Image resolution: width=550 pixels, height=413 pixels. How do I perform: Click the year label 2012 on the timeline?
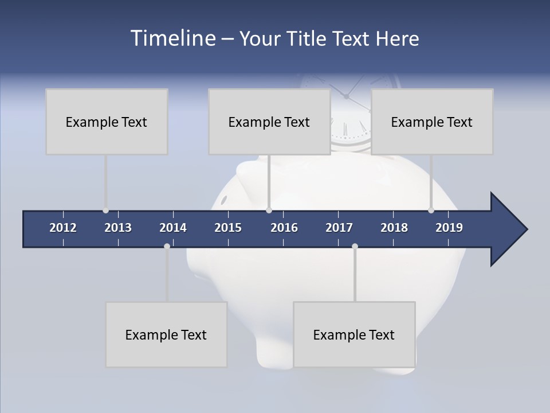(x=63, y=228)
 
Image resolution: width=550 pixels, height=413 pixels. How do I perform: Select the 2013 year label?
(x=118, y=228)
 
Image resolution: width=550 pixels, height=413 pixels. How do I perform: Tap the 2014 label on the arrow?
(x=173, y=228)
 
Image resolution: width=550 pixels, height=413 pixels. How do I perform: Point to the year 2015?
(x=228, y=228)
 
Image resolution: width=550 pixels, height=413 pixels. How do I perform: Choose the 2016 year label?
(x=284, y=228)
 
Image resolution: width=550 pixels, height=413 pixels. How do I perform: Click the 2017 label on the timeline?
(x=339, y=228)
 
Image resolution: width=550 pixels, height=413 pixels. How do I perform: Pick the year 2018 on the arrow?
(x=394, y=228)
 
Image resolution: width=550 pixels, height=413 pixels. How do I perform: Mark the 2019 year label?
(x=449, y=228)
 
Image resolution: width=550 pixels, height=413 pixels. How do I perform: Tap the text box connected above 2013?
(x=107, y=122)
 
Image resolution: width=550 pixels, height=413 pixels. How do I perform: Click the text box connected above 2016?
(x=269, y=122)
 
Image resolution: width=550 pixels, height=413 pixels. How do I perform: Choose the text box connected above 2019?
(x=432, y=122)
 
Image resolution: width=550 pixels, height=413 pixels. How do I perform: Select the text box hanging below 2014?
(x=166, y=334)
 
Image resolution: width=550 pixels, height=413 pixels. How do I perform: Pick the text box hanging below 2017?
(x=354, y=334)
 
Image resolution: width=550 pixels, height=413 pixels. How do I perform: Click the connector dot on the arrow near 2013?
(x=105, y=211)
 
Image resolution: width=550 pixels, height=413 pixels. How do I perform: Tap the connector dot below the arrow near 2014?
(x=167, y=246)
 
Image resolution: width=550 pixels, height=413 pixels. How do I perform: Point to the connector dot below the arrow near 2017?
(x=355, y=246)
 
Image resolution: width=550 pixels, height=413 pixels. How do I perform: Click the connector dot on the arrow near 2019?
(x=431, y=211)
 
